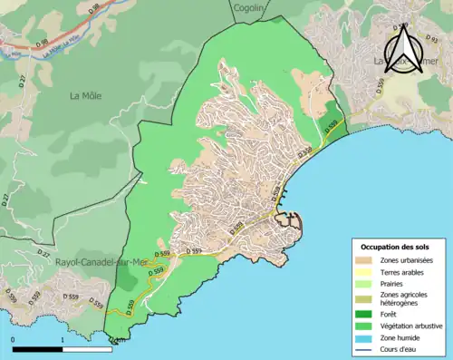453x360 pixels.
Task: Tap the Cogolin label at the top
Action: [x=247, y=7]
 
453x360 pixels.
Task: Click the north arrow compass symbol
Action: [x=406, y=49]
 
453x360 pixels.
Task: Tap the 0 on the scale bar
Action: [x=14, y=340]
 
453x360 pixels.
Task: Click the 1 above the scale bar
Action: [x=61, y=340]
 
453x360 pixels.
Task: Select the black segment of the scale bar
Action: [x=37, y=349]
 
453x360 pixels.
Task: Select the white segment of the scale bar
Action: [x=84, y=349]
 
